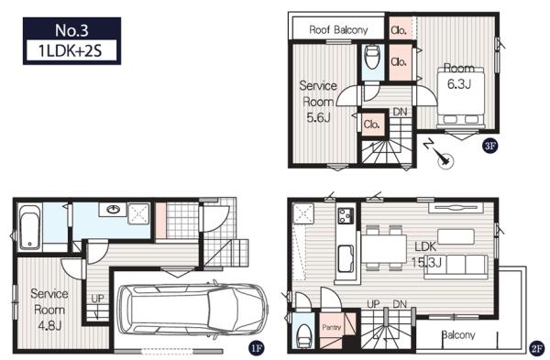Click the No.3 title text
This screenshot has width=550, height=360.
71,30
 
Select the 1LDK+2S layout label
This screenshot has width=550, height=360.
71,51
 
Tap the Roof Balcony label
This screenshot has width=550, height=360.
338,30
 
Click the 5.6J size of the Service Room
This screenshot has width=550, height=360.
319,118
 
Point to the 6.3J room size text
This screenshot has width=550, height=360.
459,83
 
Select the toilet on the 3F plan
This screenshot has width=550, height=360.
372,58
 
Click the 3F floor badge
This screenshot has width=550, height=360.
490,146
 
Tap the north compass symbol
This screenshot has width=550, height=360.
441,155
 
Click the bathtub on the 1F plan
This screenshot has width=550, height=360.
30,227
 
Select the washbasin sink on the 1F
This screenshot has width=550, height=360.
114,210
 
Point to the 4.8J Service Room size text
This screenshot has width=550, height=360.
49,325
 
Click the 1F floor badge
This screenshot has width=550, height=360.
256,348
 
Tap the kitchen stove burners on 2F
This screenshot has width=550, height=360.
346,215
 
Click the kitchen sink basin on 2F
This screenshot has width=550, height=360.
346,259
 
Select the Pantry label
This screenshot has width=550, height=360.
332,327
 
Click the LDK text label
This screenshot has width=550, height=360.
425,246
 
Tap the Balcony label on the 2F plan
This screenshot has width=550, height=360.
458,335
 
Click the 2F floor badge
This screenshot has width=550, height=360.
536,348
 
